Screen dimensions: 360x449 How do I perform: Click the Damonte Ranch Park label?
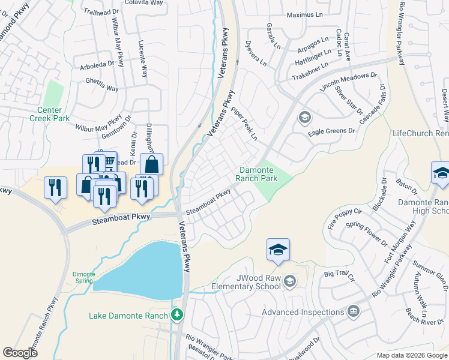click(x=259, y=174)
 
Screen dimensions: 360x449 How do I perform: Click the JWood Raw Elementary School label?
click(x=246, y=282)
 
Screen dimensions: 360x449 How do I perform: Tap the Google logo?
click(x=20, y=353)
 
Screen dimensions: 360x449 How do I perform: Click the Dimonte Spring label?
click(x=83, y=277)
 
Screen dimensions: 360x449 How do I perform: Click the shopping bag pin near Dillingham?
click(x=151, y=164)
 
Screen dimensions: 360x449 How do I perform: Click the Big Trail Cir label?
click(x=340, y=276)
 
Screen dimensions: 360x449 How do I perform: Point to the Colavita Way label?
click(x=143, y=3)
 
